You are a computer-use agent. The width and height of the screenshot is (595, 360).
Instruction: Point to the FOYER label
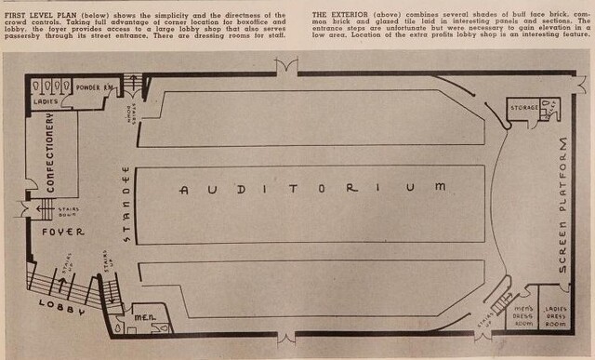tap(62, 231)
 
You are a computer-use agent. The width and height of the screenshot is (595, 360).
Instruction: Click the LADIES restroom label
tap(46, 100)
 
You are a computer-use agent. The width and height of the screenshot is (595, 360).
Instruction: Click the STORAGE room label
tap(522, 109)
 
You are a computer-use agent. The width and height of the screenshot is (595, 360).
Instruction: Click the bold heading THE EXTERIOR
tap(342, 16)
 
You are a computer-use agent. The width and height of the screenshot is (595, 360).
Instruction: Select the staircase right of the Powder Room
tap(136, 87)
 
